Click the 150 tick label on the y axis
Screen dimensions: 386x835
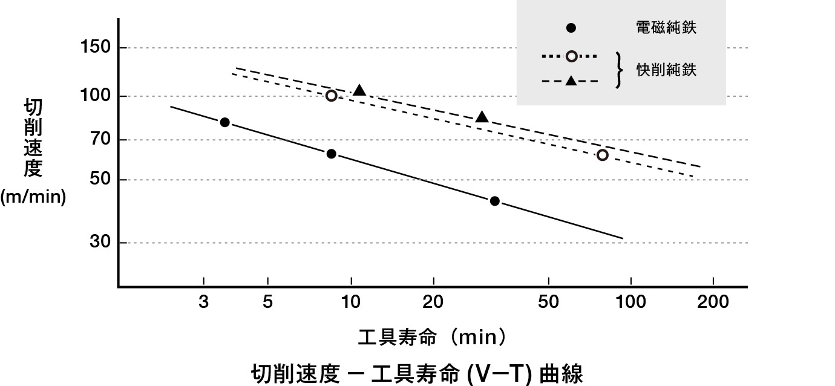pyautogui.click(x=94, y=48)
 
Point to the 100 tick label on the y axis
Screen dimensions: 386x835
pyautogui.click(x=94, y=96)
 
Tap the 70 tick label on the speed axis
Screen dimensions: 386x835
pyautogui.click(x=98, y=140)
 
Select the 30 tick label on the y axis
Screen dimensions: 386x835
pyautogui.click(x=98, y=243)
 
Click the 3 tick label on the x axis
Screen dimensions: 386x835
pyautogui.click(x=204, y=302)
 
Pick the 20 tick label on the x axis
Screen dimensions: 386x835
pyautogui.click(x=434, y=302)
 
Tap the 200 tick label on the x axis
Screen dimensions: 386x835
pyautogui.click(x=713, y=302)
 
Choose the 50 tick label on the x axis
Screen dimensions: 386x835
pyautogui.click(x=548, y=302)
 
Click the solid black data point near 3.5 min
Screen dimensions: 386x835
pyautogui.click(x=224, y=122)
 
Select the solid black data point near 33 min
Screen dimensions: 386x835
pyautogui.click(x=494, y=201)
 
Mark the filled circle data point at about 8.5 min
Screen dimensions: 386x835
pyautogui.click(x=331, y=154)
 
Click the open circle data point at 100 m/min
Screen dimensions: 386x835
pyautogui.click(x=331, y=96)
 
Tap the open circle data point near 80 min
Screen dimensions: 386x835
pyautogui.click(x=602, y=155)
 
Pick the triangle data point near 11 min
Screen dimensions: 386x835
pyautogui.click(x=359, y=90)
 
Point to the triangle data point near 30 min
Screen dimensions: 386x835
pyautogui.click(x=482, y=117)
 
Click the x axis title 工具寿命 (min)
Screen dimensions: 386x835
pyautogui.click(x=432, y=337)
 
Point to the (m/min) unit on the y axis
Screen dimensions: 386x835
pyautogui.click(x=33, y=197)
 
